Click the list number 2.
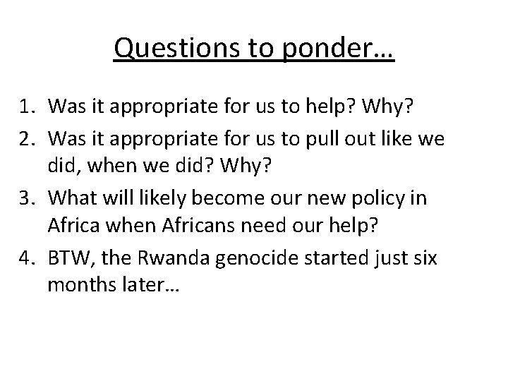click(28, 140)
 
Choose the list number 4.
click(28, 259)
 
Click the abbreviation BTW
click(71, 259)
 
